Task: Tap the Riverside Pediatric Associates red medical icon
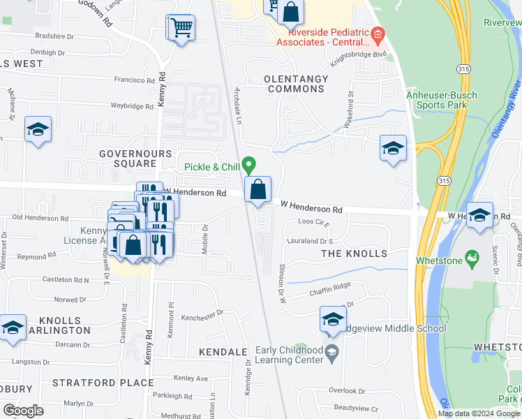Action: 378,33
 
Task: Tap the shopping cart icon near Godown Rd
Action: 180,28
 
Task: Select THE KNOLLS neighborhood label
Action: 353,253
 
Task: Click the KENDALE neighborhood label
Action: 223,352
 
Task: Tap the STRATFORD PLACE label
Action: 103,383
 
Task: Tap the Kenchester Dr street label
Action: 202,317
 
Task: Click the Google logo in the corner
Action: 23,411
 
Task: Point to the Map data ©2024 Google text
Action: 478,413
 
